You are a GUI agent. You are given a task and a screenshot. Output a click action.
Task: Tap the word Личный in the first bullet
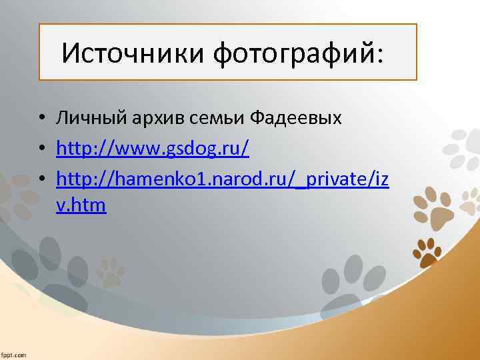tap(84, 119)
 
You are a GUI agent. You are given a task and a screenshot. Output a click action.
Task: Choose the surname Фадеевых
tap(295, 119)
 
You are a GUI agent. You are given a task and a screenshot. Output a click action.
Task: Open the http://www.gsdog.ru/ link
tap(153, 148)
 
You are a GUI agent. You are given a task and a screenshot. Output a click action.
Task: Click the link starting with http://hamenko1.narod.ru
tap(223, 178)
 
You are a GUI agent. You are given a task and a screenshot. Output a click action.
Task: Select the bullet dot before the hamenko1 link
tap(41, 178)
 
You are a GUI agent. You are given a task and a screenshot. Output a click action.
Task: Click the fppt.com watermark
tap(13, 354)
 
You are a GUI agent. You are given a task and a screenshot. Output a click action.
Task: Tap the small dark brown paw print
tap(427, 251)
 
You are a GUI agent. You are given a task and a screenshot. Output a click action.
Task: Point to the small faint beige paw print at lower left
tap(111, 269)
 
